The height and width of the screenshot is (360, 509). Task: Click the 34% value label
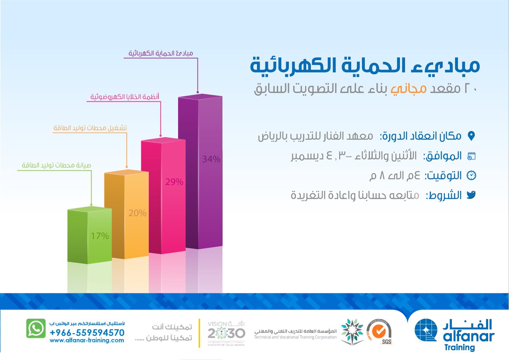tap(211, 159)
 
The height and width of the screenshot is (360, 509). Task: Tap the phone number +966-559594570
tap(87, 333)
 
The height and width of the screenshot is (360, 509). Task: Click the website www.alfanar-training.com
tap(87, 340)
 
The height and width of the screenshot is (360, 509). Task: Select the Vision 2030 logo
tap(226, 332)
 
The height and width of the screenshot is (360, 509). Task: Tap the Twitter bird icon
tap(471, 195)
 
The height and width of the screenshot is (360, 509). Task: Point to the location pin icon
tap(471, 136)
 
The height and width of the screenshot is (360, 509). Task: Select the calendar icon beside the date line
tap(471, 156)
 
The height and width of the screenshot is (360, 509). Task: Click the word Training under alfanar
tap(462, 347)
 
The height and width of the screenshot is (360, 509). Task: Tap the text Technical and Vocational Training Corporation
tap(296, 337)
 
